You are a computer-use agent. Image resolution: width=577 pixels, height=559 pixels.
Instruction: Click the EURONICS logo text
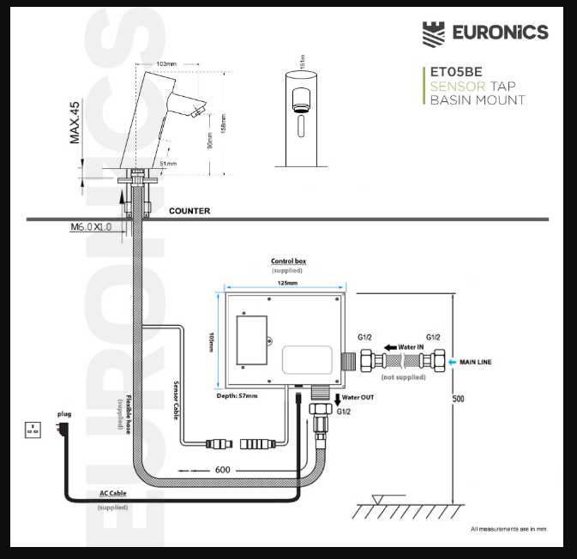pos(499,33)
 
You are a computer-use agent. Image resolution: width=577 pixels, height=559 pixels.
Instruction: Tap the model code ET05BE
pos(455,74)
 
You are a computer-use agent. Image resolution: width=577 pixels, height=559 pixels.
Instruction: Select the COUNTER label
pos(189,210)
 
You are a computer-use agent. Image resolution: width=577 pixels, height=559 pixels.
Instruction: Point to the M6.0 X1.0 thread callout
pos(92,227)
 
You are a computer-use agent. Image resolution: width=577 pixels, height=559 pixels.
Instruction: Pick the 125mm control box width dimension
pos(287,283)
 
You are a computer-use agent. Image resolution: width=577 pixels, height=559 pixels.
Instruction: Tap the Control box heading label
pos(288,261)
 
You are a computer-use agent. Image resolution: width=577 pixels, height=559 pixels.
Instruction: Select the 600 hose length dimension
pos(223,470)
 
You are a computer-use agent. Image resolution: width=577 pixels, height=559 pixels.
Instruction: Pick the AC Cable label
pos(113,494)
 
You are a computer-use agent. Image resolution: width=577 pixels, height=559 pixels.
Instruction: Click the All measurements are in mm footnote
pos(508,529)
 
